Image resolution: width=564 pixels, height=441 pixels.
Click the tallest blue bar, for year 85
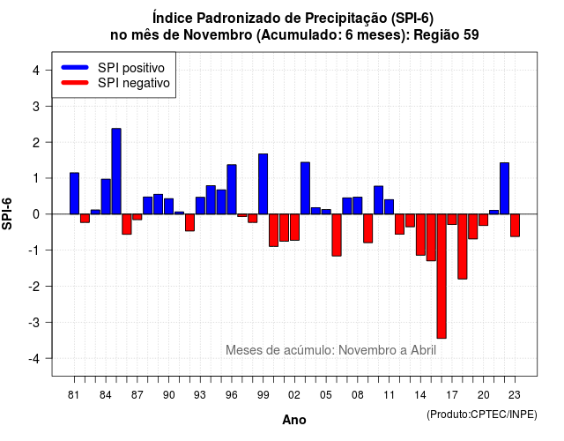tap(116, 171)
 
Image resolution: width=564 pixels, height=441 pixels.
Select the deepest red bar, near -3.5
tap(442, 276)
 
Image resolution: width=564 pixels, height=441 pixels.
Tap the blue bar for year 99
tap(263, 184)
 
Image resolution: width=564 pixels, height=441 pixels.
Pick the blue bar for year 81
tap(74, 193)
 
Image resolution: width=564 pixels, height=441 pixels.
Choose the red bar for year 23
tap(515, 226)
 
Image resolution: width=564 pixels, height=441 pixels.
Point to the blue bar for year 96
tap(232, 190)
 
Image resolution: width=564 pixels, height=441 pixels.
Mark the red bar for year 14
tap(420, 235)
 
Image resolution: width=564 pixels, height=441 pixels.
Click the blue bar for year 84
tap(106, 197)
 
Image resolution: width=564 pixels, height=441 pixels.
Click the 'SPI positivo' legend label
tap(131, 68)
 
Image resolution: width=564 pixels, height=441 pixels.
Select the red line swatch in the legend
tap(75, 82)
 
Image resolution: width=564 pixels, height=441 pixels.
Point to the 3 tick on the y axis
tap(48, 106)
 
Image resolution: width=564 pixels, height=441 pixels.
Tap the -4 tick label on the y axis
tap(34, 359)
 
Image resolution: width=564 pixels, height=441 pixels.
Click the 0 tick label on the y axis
tap(36, 214)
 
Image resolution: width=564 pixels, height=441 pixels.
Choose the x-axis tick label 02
tap(294, 395)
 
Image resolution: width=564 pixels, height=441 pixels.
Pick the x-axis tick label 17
tap(452, 395)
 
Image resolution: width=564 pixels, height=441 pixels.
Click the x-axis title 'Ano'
tap(294, 420)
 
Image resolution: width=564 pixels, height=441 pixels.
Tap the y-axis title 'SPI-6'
tap(7, 213)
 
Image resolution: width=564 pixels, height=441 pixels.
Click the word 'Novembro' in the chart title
tap(218, 35)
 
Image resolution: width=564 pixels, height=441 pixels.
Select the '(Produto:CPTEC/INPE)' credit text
tap(482, 415)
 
